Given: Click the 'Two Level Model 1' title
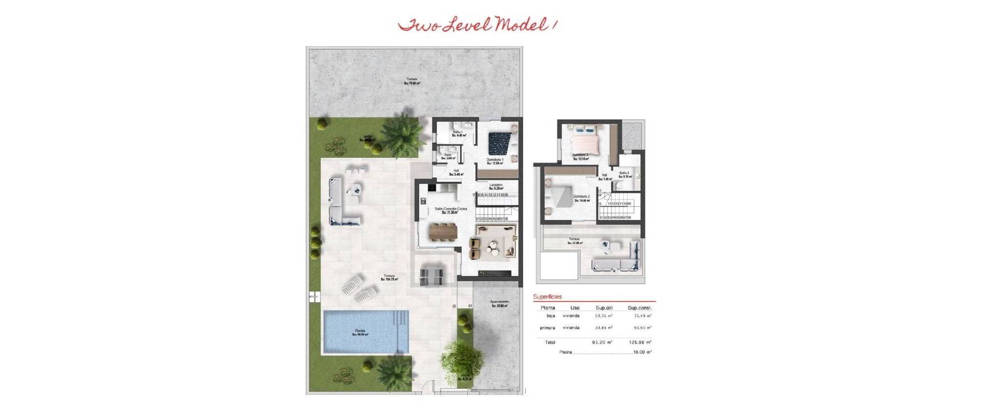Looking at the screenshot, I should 477,25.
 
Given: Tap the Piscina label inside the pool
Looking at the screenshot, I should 360,332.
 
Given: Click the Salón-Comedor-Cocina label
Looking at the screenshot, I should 446,210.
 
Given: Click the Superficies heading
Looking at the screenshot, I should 547,297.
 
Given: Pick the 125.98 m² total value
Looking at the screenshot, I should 639,342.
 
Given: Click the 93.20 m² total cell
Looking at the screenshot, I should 602,342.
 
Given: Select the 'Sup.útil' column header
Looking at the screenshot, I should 604,308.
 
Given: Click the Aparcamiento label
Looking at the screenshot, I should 500,304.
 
